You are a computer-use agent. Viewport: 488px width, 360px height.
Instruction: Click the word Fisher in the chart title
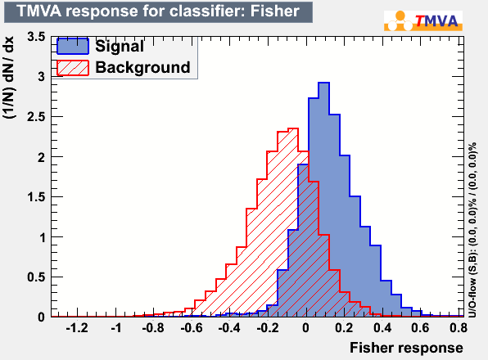(x=274, y=11)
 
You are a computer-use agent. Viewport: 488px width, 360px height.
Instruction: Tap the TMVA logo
(x=423, y=20)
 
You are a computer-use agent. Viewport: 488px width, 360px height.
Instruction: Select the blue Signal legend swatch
(x=73, y=47)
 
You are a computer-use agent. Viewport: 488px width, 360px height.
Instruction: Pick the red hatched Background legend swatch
(x=73, y=68)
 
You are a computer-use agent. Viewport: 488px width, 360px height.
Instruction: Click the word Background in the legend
(x=142, y=67)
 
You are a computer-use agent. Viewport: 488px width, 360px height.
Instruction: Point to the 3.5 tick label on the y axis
(x=36, y=37)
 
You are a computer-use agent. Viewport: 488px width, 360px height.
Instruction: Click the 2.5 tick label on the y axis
(x=36, y=117)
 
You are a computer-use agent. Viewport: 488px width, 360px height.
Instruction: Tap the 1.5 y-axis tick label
(x=36, y=197)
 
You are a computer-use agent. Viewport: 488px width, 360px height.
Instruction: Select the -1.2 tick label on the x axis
(x=77, y=328)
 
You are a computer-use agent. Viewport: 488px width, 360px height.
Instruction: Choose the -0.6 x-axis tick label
(x=192, y=328)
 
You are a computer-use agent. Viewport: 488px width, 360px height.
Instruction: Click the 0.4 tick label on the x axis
(x=382, y=328)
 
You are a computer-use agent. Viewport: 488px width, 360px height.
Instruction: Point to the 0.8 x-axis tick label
(x=459, y=328)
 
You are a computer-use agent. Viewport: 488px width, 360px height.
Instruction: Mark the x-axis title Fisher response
(x=406, y=348)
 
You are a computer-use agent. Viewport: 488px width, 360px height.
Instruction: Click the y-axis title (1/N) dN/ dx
(x=8, y=78)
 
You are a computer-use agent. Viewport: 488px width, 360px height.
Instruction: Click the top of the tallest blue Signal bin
(x=323, y=83)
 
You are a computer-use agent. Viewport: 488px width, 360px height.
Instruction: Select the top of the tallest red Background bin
(x=293, y=128)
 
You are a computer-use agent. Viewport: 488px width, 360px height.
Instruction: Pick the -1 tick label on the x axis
(x=115, y=328)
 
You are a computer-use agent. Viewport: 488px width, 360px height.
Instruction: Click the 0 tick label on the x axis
(x=306, y=328)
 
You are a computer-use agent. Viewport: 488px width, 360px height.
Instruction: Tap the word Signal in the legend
(x=120, y=47)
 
